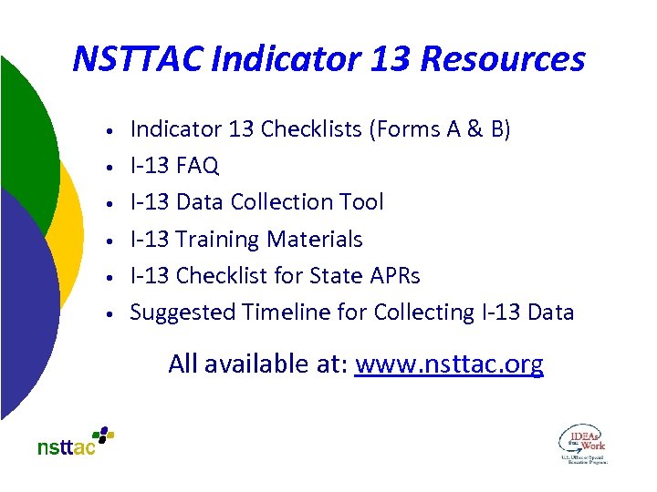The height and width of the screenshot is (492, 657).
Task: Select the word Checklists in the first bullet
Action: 311,129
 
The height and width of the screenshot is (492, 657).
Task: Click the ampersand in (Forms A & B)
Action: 475,129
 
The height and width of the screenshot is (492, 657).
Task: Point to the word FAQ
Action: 197,166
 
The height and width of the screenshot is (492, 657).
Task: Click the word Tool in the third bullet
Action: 362,202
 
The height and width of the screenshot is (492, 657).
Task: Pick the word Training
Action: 216,240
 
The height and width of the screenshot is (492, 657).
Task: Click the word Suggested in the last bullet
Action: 182,313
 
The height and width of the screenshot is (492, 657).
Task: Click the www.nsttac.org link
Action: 449,364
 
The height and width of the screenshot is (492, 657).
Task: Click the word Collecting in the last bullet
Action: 423,313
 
